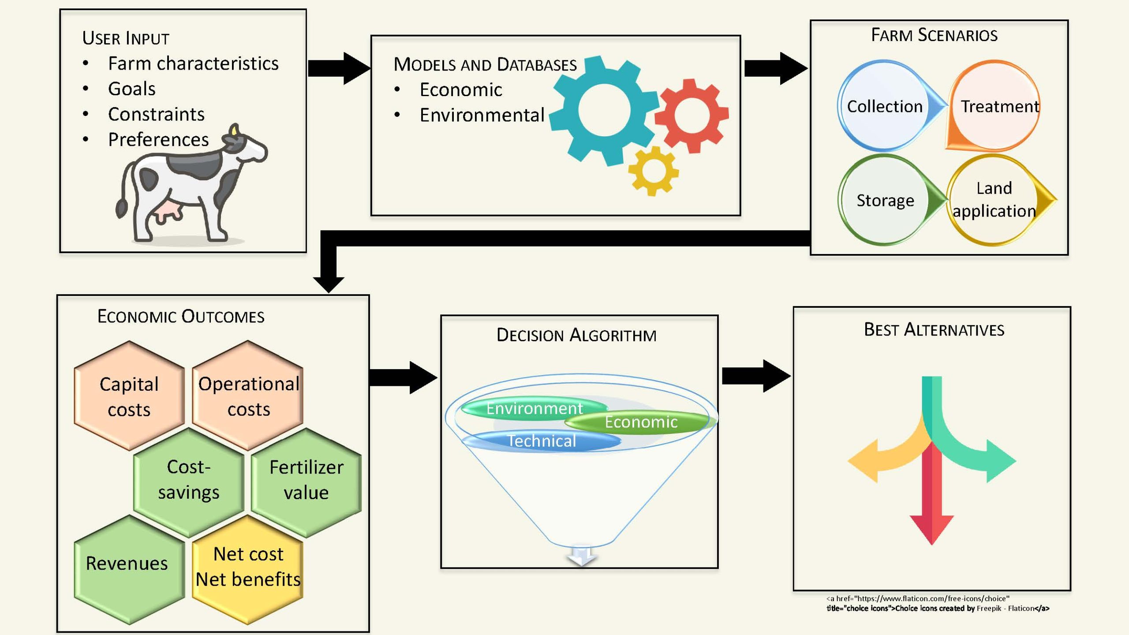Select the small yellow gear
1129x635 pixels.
click(654, 171)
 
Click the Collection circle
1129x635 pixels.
click(884, 106)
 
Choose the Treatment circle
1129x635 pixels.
click(995, 106)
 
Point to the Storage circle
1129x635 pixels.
click(885, 200)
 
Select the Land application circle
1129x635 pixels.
click(994, 199)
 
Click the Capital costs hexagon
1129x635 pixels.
click(129, 396)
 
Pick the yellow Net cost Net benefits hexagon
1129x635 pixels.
click(248, 567)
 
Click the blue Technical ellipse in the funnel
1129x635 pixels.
click(542, 441)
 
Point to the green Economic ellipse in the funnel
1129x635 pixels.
click(640, 422)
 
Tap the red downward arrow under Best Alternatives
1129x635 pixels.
click(931, 507)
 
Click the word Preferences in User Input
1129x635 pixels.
click(158, 140)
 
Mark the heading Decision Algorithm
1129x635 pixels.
click(576, 335)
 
